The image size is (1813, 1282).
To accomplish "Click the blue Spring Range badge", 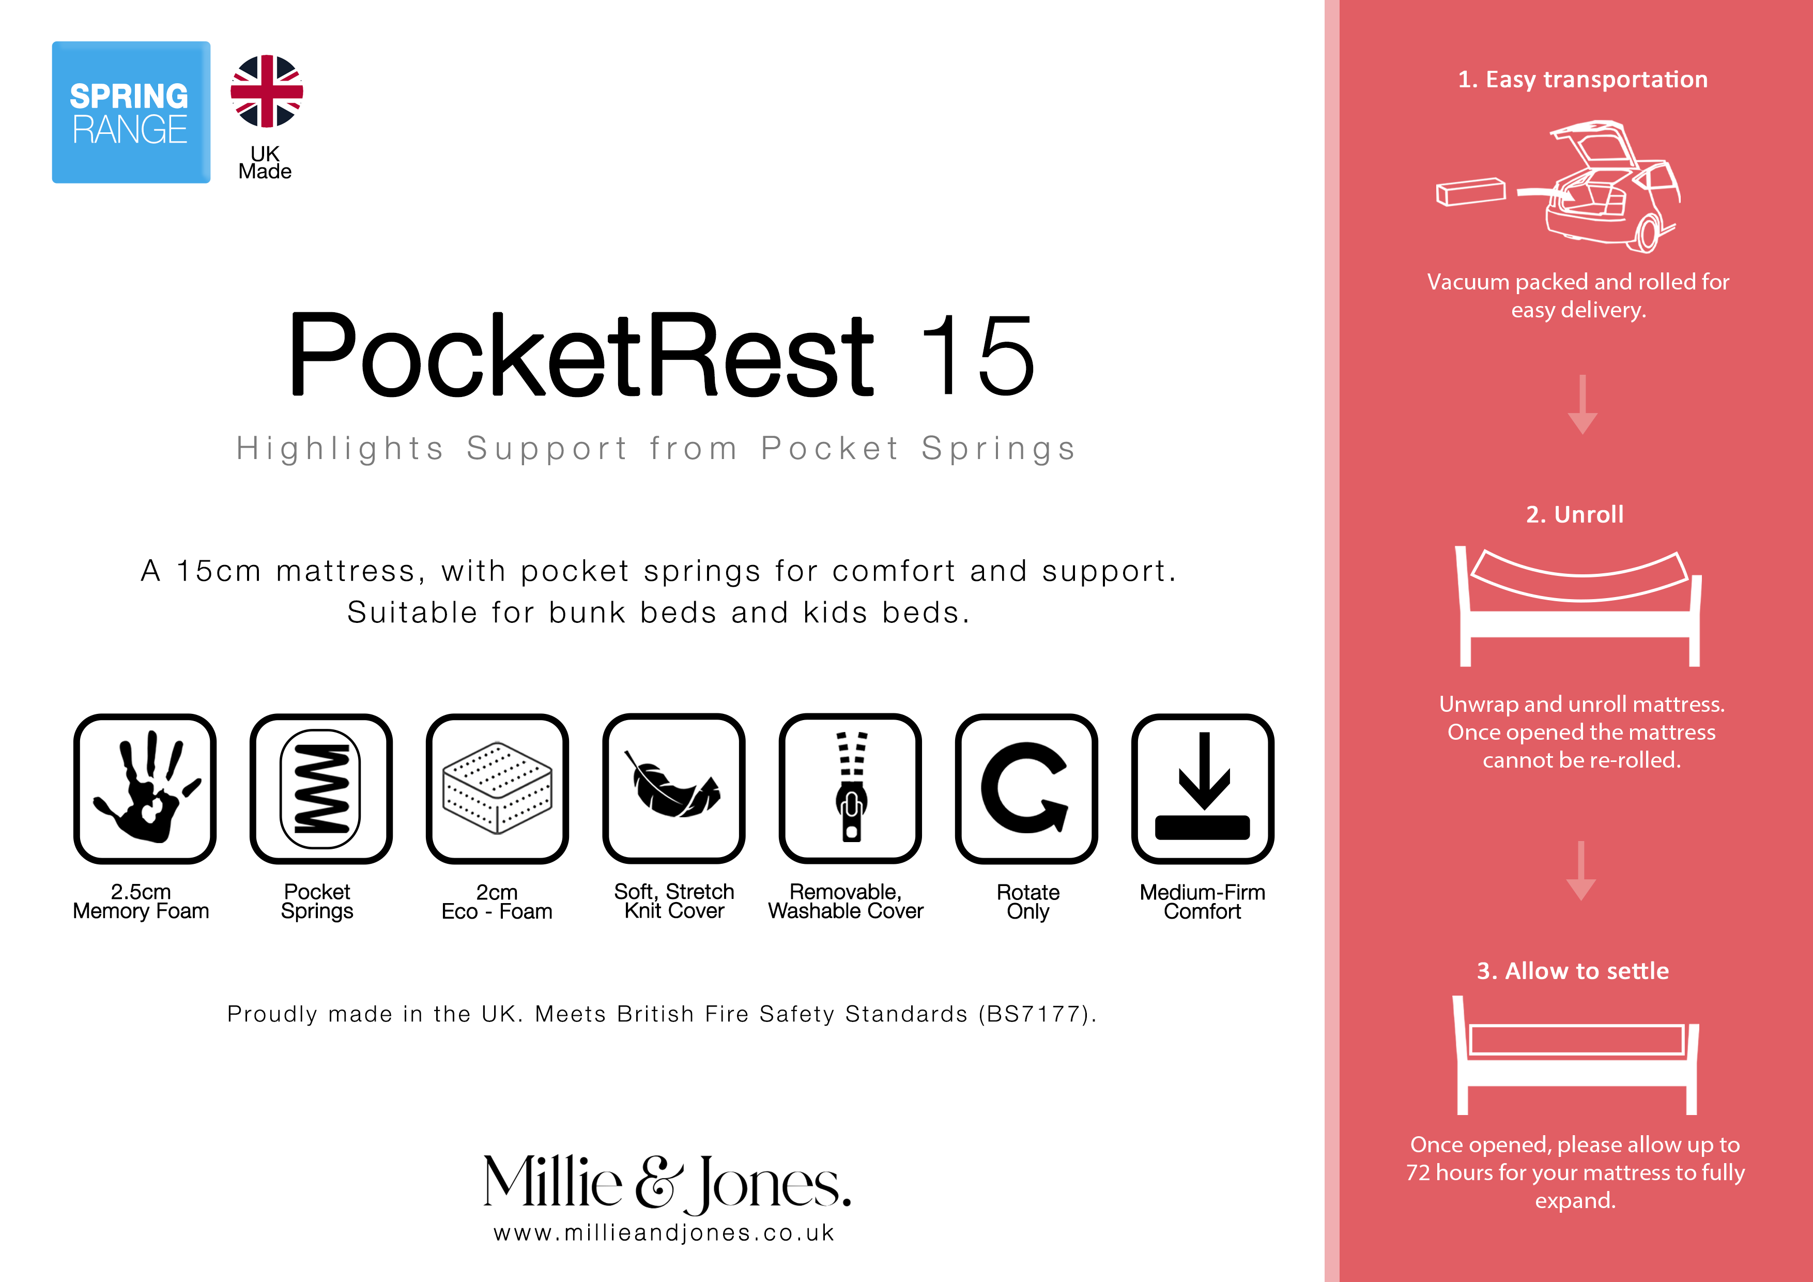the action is coord(131,112).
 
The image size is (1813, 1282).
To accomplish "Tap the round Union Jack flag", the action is coord(267,91).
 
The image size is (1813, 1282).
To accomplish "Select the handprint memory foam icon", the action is coord(145,788).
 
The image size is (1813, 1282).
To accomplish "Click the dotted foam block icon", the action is coord(498,788).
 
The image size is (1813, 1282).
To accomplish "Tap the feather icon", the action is coord(673,788).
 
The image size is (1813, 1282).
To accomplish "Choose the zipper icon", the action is coord(851,788).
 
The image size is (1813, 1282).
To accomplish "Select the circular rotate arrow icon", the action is coord(1026,788).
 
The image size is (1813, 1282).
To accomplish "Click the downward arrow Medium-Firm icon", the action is coord(1203,788).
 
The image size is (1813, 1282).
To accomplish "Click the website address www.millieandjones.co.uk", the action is coord(664,1233).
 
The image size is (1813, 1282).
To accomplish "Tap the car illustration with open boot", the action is coord(1612,187).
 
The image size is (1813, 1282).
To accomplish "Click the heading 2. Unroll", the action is coord(1575,514).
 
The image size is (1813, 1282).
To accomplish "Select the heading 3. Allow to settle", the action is coord(1573,971).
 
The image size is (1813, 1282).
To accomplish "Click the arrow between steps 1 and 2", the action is coord(1582,404).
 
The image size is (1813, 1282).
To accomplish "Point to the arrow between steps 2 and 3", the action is coord(1581,871).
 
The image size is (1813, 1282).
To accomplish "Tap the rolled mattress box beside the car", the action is coord(1470,192).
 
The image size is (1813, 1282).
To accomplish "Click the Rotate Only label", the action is coord(1028,902).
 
